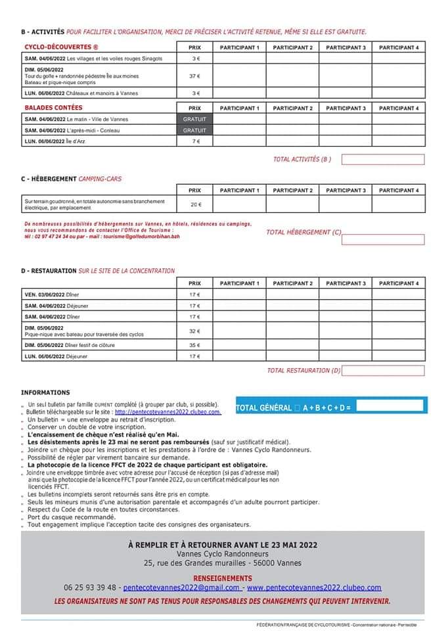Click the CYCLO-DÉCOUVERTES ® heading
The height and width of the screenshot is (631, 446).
click(x=61, y=47)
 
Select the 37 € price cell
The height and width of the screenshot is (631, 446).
click(x=194, y=76)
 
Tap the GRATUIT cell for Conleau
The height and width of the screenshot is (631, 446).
click(x=194, y=130)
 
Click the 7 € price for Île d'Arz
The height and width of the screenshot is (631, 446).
click(x=194, y=141)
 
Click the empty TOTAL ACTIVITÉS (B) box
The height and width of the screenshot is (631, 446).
click(x=382, y=159)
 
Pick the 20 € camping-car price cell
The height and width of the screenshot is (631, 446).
click(x=194, y=204)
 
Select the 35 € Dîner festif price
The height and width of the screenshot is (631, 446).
click(x=194, y=345)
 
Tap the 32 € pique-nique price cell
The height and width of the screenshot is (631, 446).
click(x=194, y=331)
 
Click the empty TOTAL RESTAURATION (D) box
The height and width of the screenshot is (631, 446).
click(x=382, y=371)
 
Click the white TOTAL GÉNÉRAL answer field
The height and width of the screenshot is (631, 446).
click(x=389, y=406)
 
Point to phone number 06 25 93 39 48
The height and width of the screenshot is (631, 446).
click(x=91, y=587)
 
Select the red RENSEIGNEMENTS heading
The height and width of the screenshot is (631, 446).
click(x=223, y=578)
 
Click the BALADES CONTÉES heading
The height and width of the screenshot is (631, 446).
click(x=54, y=108)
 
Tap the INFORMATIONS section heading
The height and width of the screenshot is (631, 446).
click(x=45, y=392)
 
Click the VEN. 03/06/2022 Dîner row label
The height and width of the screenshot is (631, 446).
click(x=53, y=294)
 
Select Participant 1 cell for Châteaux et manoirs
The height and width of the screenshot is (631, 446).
click(x=239, y=93)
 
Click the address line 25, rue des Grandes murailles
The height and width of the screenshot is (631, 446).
click(x=223, y=563)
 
